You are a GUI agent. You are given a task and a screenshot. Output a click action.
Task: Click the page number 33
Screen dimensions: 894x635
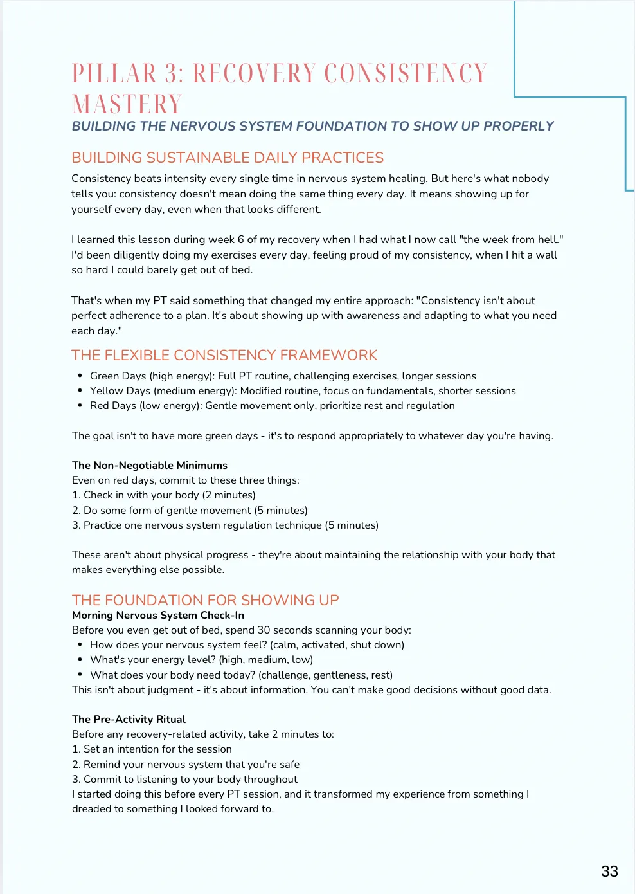pos(609,871)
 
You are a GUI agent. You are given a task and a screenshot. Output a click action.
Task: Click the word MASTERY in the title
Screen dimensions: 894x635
pos(127,104)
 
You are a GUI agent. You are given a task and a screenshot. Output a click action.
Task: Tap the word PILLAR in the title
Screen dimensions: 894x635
pos(114,73)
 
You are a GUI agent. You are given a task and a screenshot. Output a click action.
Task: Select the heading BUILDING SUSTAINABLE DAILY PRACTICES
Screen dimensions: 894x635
pos(228,158)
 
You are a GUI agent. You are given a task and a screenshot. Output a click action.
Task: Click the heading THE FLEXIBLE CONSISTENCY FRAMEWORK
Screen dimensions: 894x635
pos(224,355)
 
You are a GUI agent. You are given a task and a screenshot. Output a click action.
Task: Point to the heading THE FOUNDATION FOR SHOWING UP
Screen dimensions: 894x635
pos(205,600)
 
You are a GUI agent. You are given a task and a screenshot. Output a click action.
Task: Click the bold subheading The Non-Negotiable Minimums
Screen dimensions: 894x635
pos(150,465)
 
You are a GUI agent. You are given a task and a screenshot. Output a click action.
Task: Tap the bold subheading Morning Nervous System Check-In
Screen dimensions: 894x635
pos(158,615)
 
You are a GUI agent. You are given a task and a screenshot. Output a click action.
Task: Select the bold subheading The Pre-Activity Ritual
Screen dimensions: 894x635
pos(129,719)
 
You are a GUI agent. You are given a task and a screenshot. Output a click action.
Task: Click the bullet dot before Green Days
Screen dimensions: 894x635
pos(80,376)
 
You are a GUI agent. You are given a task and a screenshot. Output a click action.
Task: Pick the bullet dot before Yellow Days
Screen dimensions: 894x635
pos(80,390)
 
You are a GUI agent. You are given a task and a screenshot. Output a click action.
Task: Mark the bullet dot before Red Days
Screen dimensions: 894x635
pos(80,405)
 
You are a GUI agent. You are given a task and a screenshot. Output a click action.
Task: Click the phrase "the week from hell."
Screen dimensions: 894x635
pos(512,239)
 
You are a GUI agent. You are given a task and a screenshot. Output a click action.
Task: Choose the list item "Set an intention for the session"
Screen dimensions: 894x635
pos(157,749)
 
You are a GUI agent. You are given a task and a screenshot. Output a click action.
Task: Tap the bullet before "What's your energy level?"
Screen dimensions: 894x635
pos(80,659)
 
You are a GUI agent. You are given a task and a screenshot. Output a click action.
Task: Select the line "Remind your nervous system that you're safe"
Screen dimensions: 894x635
pos(192,764)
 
